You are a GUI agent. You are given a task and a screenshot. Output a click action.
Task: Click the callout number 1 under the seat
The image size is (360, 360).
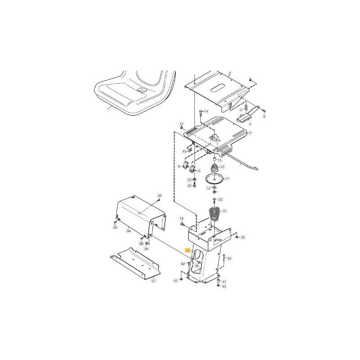pyautogui.click(x=108, y=109)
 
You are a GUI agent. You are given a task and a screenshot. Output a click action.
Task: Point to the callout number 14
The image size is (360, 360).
pyautogui.click(x=206, y=111)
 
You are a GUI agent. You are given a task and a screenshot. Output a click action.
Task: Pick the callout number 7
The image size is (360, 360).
pyautogui.click(x=250, y=134)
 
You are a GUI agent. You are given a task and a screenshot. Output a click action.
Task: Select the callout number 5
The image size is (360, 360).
pyautogui.click(x=265, y=117)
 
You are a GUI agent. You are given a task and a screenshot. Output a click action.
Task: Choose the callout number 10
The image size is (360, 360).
pyautogui.click(x=222, y=167)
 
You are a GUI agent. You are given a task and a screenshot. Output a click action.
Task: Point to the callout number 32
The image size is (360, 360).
pyautogui.click(x=220, y=199)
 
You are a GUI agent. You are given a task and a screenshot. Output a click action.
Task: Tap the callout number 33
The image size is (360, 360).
pyautogui.click(x=243, y=237)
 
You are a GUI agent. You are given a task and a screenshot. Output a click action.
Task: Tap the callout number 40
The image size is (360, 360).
pyautogui.click(x=229, y=259)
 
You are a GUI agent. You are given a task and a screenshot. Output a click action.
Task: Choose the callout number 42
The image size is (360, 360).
pyautogui.click(x=183, y=263)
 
